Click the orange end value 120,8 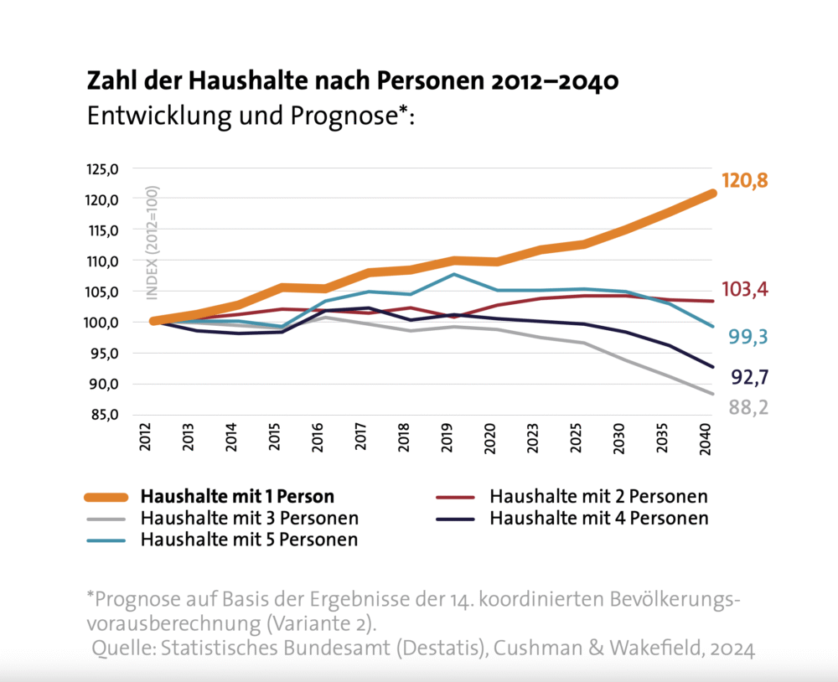pyautogui.click(x=745, y=181)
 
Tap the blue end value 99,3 pyautogui.click(x=748, y=337)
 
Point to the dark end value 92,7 pyautogui.click(x=749, y=378)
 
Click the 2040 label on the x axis pyautogui.click(x=705, y=439)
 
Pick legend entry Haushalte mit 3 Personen pyautogui.click(x=250, y=518)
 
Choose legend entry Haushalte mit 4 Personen pyautogui.click(x=598, y=518)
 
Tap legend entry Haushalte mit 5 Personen pyautogui.click(x=250, y=539)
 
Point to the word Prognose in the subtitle pyautogui.click(x=344, y=116)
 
